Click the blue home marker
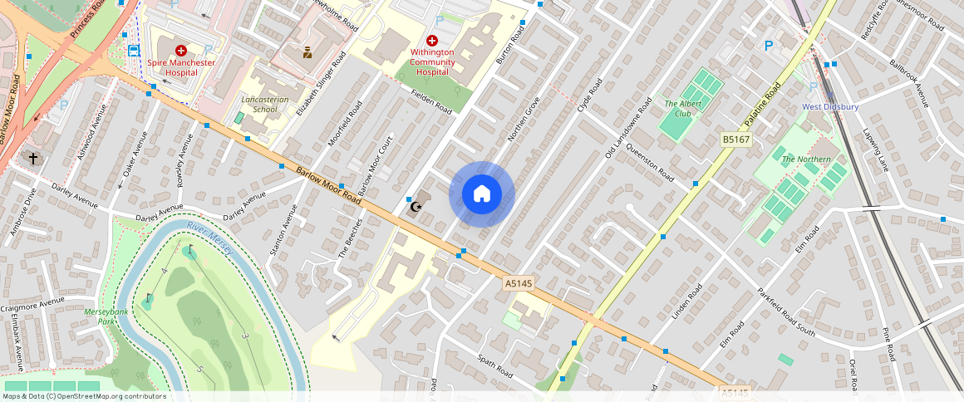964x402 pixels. [482, 194]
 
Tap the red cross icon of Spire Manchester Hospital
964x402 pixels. [180, 51]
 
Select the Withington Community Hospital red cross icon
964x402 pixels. [431, 41]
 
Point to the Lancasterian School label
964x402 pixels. [264, 104]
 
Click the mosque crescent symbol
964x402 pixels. [416, 205]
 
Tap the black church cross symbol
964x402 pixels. [33, 158]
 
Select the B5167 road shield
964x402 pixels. [735, 140]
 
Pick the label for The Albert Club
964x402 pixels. [678, 109]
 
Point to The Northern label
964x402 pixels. [805, 159]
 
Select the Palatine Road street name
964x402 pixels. [764, 105]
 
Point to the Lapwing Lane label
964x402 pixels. [876, 150]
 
